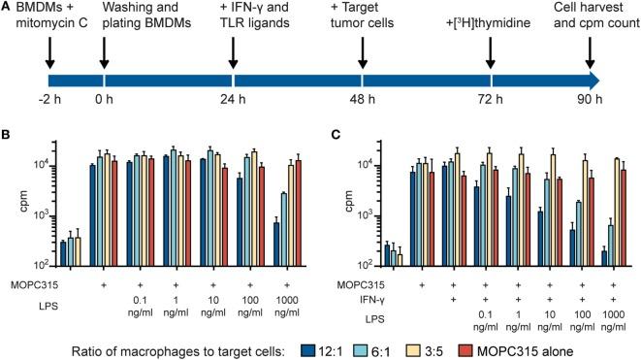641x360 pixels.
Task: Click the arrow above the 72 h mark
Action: (492, 55)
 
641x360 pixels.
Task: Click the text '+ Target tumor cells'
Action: (363, 16)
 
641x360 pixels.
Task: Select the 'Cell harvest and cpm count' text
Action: (591, 16)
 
